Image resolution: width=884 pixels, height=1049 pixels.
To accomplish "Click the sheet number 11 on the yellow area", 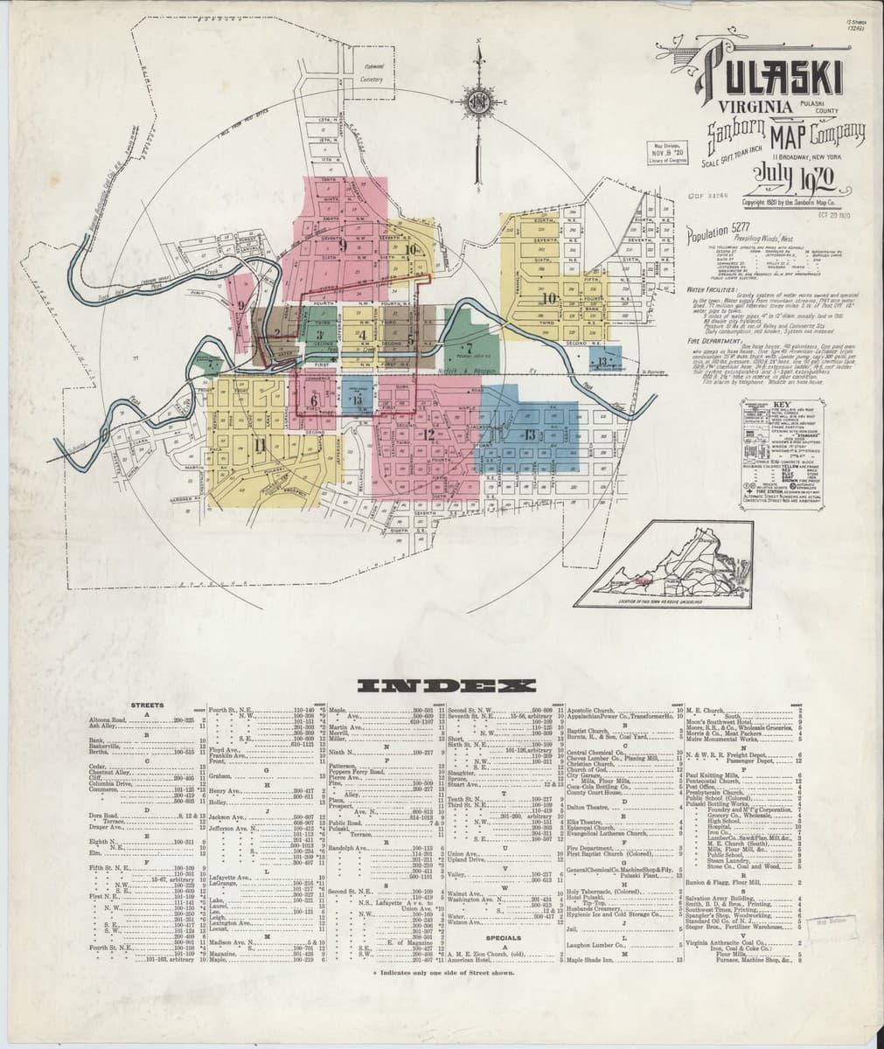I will tap(259, 443).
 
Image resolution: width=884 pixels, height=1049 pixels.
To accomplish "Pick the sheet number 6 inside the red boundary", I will tap(312, 400).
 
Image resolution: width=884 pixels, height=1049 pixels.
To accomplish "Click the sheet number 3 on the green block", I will tap(321, 335).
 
